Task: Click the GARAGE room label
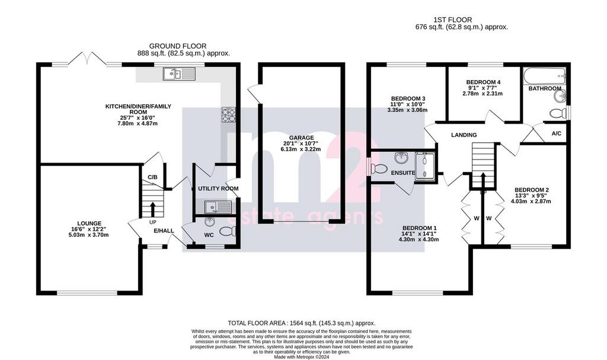click(301, 138)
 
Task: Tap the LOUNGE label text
click(89, 223)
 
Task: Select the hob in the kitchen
click(228, 114)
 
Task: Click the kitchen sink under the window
click(179, 74)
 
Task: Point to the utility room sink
click(218, 207)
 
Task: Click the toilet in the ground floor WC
click(227, 232)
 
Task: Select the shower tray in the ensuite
click(424, 166)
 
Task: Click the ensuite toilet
click(378, 169)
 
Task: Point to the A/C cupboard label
click(556, 133)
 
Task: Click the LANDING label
click(464, 135)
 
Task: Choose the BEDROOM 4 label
click(483, 82)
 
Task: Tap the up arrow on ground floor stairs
click(152, 209)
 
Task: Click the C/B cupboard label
click(152, 177)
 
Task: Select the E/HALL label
click(164, 231)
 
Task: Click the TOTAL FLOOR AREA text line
click(302, 323)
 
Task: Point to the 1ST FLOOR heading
click(452, 20)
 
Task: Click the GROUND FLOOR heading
click(178, 46)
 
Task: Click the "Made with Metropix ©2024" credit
click(302, 357)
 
